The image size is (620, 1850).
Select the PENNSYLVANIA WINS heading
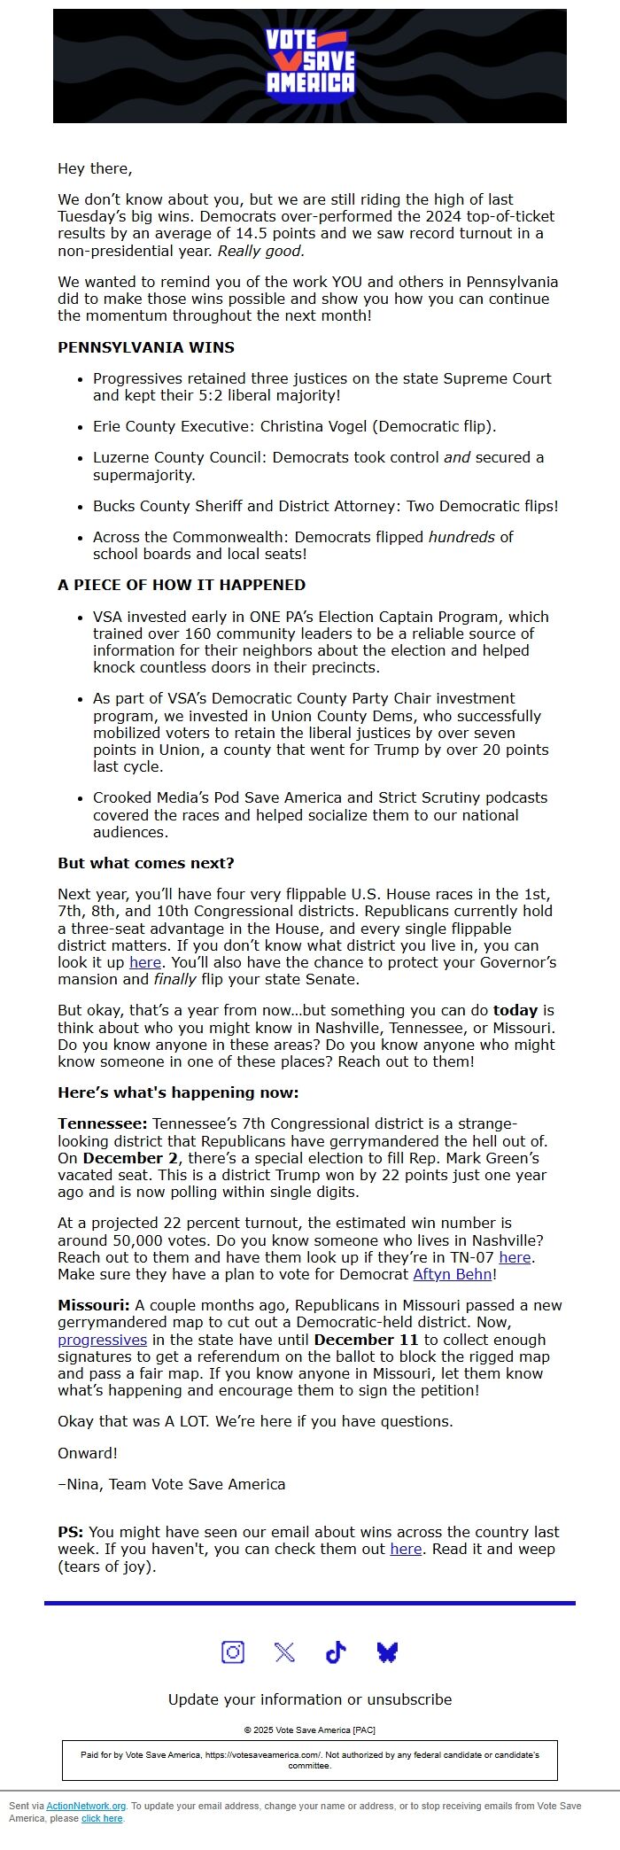point(146,347)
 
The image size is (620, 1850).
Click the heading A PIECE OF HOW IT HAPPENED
point(182,585)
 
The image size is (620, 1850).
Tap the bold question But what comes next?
point(146,863)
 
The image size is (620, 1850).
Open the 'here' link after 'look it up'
point(145,962)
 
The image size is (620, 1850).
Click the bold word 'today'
point(515,1010)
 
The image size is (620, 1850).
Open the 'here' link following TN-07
point(515,1257)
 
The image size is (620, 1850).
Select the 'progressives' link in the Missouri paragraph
point(102,1340)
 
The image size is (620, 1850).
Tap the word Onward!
point(88,1453)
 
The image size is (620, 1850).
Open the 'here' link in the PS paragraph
point(406,1549)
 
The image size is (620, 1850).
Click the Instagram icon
point(233,1652)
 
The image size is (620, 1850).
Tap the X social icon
point(284,1652)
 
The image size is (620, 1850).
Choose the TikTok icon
point(336,1652)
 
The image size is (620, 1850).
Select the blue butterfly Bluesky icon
point(387,1652)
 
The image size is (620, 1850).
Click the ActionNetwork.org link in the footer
point(86,1806)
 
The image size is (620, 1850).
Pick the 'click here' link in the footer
point(102,1818)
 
